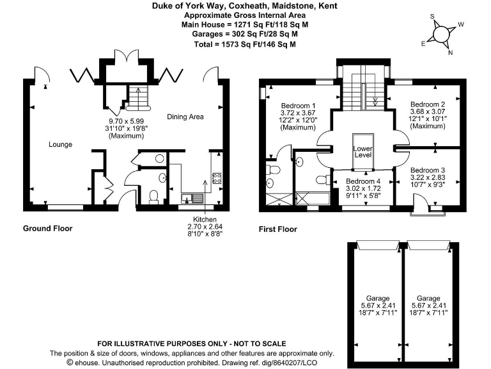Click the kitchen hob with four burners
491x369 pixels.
pyautogui.click(x=217, y=179)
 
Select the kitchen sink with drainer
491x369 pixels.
pyautogui.click(x=192, y=198)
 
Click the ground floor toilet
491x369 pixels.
pyautogui.click(x=153, y=195)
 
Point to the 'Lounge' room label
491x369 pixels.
pyautogui.click(x=61, y=144)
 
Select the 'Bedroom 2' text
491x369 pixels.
pyautogui.click(x=428, y=104)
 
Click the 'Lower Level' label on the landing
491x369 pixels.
pyautogui.click(x=362, y=152)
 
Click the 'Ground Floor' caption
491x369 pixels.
pyautogui.click(x=47, y=229)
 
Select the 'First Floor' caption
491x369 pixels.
pyautogui.click(x=277, y=229)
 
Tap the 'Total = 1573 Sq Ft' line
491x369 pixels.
pyautogui.click(x=245, y=45)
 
